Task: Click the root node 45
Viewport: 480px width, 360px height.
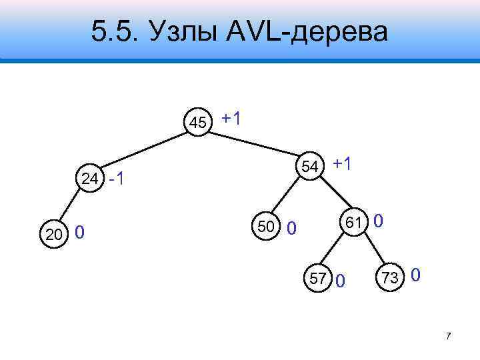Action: click(x=198, y=122)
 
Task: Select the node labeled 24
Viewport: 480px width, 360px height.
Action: click(x=89, y=178)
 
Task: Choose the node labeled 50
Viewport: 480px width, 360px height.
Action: click(x=265, y=227)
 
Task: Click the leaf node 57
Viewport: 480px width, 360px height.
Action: click(x=317, y=277)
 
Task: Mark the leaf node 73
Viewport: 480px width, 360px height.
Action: click(x=390, y=277)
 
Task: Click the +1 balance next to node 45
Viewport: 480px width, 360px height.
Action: click(x=232, y=119)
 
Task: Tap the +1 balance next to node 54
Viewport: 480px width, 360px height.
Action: click(x=343, y=163)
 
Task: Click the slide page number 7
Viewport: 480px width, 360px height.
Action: click(x=449, y=336)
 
